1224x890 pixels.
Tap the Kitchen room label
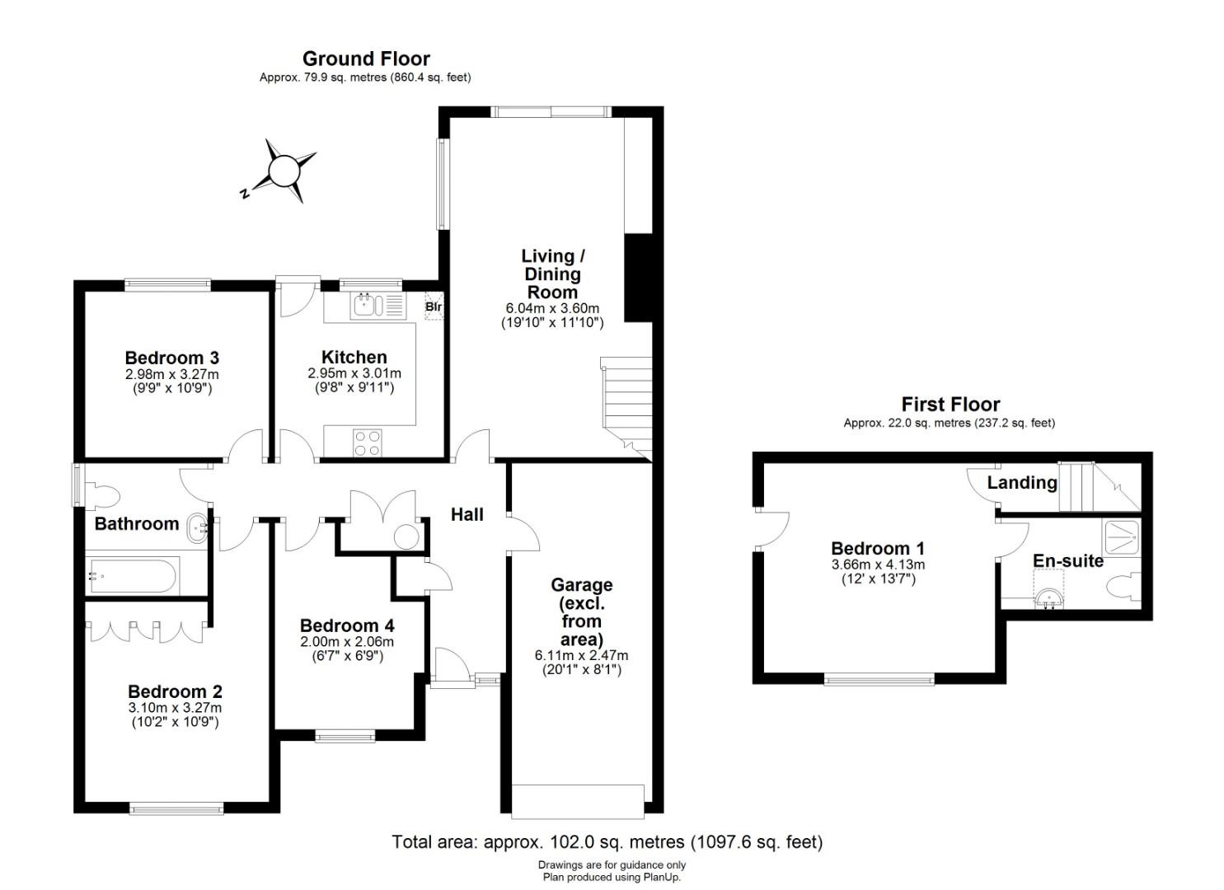click(x=354, y=358)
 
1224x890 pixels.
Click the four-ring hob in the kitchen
click(x=368, y=443)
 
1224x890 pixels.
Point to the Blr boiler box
click(x=434, y=307)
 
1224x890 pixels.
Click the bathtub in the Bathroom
click(x=133, y=576)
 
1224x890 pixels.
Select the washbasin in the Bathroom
click(x=197, y=527)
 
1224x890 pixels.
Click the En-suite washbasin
click(x=1048, y=598)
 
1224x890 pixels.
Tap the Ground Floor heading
click(x=366, y=59)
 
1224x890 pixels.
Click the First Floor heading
click(x=950, y=405)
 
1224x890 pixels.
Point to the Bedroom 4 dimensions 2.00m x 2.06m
click(x=346, y=642)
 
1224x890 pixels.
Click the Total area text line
click(x=607, y=842)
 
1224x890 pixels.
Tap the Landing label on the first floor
click(x=1022, y=482)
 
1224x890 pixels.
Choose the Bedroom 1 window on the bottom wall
click(x=879, y=680)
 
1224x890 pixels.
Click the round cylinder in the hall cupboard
click(x=406, y=536)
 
